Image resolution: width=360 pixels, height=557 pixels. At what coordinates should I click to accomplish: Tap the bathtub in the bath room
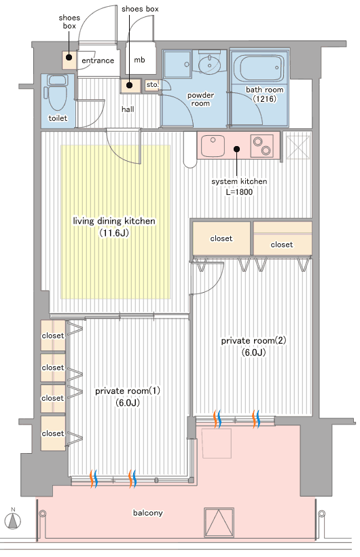[x=261, y=69]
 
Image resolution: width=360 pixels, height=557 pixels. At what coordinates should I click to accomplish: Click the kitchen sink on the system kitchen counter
[x=213, y=145]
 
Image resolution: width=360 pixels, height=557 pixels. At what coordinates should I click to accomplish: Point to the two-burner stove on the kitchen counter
[x=262, y=145]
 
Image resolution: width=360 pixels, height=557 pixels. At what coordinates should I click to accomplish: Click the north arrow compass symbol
[x=13, y=521]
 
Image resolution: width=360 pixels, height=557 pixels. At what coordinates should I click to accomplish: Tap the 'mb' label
[x=139, y=60]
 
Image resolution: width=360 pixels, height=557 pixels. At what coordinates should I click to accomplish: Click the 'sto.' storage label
[x=152, y=84]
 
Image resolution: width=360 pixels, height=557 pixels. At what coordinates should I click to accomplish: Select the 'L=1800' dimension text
[x=239, y=192]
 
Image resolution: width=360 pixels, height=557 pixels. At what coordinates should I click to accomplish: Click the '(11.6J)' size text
[x=113, y=233]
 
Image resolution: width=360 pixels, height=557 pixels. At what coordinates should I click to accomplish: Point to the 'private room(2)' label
[x=253, y=341]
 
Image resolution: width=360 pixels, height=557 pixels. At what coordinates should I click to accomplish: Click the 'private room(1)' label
[x=127, y=391]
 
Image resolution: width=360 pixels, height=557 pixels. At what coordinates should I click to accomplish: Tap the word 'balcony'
[x=148, y=513]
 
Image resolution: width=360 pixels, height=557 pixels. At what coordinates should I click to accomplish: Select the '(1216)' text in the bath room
[x=265, y=98]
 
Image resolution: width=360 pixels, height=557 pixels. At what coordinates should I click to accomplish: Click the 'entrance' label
[x=98, y=60]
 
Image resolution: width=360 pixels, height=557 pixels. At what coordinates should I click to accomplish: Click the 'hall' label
[x=128, y=109]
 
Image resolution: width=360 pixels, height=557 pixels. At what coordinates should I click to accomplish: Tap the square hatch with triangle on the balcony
[x=219, y=522]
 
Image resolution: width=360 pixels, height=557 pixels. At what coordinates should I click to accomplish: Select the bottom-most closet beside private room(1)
[x=53, y=433]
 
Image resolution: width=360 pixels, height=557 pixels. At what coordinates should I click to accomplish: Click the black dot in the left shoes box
[x=69, y=58]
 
